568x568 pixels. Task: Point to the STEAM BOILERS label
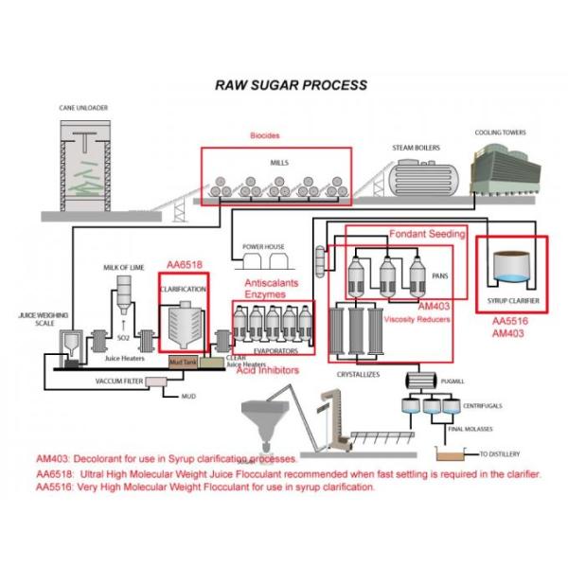click(418, 148)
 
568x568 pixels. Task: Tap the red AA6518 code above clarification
click(185, 266)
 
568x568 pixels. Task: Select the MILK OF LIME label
click(123, 268)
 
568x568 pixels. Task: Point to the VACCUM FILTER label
click(119, 381)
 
